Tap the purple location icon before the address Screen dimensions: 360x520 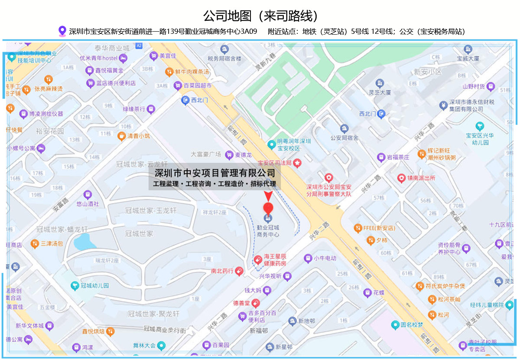(62, 31)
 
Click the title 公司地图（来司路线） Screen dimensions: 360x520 (260, 16)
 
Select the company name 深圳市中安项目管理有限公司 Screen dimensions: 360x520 (215, 173)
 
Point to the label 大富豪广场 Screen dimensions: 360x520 (206, 154)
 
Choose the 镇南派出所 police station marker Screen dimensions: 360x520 (402, 178)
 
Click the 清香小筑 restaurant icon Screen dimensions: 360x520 (122, 136)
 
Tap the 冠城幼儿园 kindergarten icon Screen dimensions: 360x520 (75, 286)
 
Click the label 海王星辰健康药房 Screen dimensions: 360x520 (276, 260)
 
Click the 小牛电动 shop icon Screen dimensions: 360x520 (308, 258)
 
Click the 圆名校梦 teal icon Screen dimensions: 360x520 (395, 324)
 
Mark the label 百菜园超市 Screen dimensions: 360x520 (198, 86)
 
